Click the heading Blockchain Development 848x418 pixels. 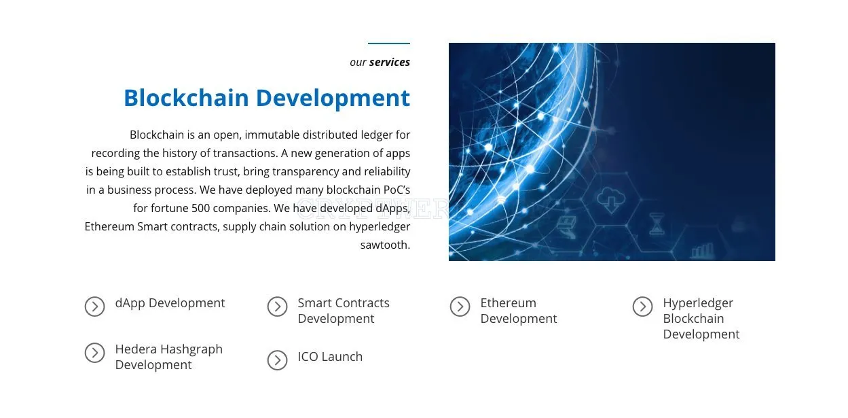coord(267,98)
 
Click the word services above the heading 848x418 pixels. coord(390,62)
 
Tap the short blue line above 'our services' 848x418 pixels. coord(389,43)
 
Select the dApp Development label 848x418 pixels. coord(170,303)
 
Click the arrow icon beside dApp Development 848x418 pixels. coord(94,307)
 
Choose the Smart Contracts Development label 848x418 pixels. coord(344,311)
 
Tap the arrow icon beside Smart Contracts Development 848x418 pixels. coord(278,307)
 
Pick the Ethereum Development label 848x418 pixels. coord(519,311)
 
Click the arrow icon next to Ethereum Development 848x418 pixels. coord(460,307)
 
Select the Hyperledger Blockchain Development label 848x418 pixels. coord(701,318)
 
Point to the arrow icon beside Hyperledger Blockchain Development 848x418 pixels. coord(642,307)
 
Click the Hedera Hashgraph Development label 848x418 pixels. coord(169,357)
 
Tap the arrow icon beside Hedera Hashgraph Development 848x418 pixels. coord(94,353)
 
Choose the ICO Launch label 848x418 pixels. coord(330,357)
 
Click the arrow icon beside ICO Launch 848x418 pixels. coord(278,360)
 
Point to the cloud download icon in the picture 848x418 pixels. coord(610,200)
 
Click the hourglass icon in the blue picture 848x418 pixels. coord(657,224)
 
